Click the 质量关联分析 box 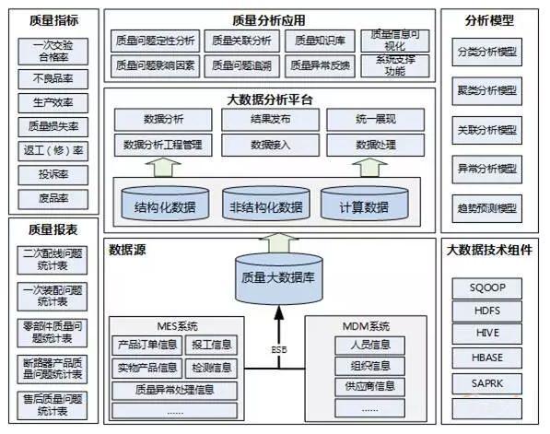pyautogui.click(x=240, y=41)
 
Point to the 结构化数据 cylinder pyautogui.click(x=165, y=205)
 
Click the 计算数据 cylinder pyautogui.click(x=364, y=205)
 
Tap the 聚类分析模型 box pyautogui.click(x=487, y=91)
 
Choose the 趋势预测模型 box pyautogui.click(x=487, y=206)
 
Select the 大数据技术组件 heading pyautogui.click(x=489, y=249)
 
